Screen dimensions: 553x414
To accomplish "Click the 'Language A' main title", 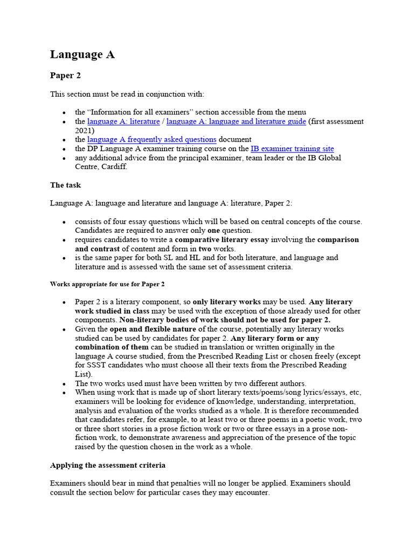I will (82, 55).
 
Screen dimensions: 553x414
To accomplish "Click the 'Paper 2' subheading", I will (65, 76).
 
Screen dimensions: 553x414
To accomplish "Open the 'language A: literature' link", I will (123, 122).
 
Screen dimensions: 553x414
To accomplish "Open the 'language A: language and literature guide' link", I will (236, 122).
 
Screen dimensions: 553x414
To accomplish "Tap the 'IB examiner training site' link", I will (292, 149).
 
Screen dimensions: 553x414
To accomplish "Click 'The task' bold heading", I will (65, 185).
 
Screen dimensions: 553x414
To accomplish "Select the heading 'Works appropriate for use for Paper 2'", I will (107, 284).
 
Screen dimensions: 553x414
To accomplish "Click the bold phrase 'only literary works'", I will (226, 302).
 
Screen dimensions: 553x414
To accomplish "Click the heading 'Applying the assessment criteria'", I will (108, 465).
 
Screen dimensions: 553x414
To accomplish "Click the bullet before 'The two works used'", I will (64, 383).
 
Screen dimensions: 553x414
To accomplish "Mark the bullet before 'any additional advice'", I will (64, 158).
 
